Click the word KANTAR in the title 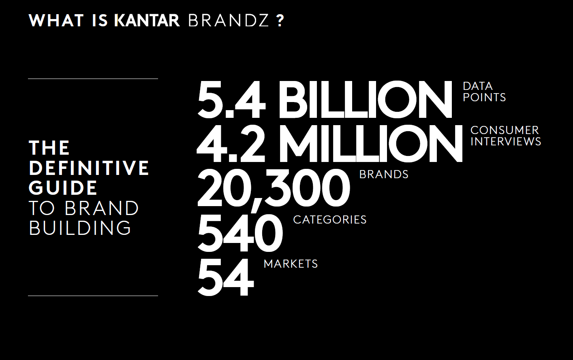147,21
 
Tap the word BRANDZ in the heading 229,21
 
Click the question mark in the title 280,21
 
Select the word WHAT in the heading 56,21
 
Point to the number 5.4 231,99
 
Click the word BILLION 365,99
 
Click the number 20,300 274,189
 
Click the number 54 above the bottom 226,277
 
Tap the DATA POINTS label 484,92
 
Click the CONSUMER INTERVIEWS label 506,136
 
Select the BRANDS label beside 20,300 384,175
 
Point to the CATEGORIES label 330,219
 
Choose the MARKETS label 291,264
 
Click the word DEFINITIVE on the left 89,168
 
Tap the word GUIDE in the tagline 63,188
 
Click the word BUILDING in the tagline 80,228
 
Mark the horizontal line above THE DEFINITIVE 93,79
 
